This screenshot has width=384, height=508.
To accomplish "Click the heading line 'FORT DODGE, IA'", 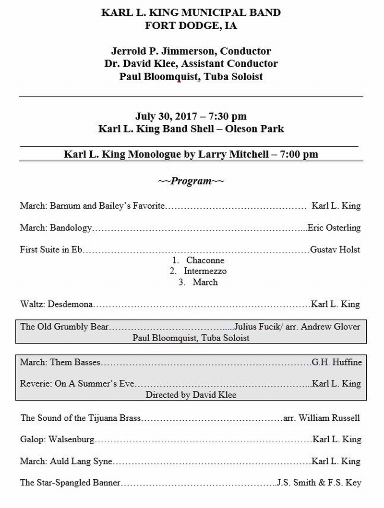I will pyautogui.click(x=191, y=26).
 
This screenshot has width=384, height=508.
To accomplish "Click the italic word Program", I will pyautogui.click(x=191, y=181).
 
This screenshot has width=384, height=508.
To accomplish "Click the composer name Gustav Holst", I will pyautogui.click(x=335, y=249).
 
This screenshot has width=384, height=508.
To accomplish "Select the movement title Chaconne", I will pyautogui.click(x=205, y=260).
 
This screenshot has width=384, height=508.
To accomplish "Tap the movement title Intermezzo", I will pyautogui.click(x=205, y=272).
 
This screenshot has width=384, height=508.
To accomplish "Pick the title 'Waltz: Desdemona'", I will pyautogui.click(x=57, y=304).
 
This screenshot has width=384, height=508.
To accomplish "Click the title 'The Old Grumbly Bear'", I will pyautogui.click(x=64, y=327).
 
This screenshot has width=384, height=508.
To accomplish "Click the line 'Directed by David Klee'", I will pyautogui.click(x=191, y=395).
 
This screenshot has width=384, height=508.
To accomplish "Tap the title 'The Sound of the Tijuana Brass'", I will pyautogui.click(x=80, y=418).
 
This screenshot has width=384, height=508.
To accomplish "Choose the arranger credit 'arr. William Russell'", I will pyautogui.click(x=322, y=418).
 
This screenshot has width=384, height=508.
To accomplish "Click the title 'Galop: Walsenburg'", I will pyautogui.click(x=57, y=439).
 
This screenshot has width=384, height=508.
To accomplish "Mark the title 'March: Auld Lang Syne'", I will pyautogui.click(x=66, y=461).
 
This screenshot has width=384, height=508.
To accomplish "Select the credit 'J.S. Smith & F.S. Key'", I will pyautogui.click(x=319, y=483).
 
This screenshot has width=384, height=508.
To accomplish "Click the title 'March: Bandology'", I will pyautogui.click(x=56, y=228).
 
